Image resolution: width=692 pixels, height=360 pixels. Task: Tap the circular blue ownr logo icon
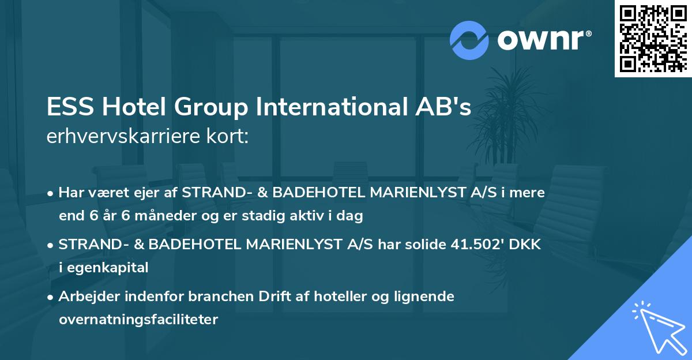click(469, 40)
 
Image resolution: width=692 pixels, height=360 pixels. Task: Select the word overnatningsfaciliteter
click(138, 319)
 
